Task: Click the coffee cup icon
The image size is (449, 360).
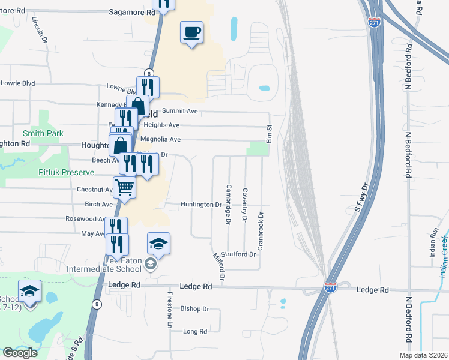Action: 192,32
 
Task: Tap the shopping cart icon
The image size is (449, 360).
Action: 125,187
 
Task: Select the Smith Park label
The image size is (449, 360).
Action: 43,133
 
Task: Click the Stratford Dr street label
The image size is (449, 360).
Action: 238,254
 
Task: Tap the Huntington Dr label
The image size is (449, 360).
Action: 202,205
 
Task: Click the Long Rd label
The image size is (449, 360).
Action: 195,331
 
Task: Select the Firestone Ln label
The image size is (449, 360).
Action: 170,310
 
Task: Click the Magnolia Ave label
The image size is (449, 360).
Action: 160,139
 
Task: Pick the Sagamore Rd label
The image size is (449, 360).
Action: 128,11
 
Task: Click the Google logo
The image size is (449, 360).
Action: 20,353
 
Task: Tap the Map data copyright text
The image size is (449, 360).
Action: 423,355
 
